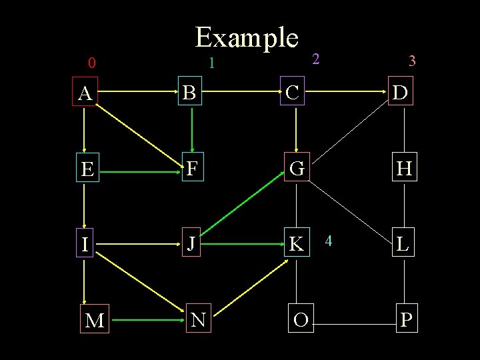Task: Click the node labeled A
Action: click(85, 94)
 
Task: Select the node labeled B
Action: click(190, 93)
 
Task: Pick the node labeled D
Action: click(401, 93)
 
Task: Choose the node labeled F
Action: click(192, 169)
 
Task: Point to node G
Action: click(297, 169)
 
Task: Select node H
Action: click(404, 169)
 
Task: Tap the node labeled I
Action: click(85, 244)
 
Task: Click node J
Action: click(191, 244)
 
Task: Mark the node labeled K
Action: click(296, 245)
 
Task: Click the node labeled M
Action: click(95, 321)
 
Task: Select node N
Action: click(198, 320)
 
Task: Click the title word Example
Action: click(246, 37)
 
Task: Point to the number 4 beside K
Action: click(328, 240)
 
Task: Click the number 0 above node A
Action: click(92, 64)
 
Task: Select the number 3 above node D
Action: click(412, 62)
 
